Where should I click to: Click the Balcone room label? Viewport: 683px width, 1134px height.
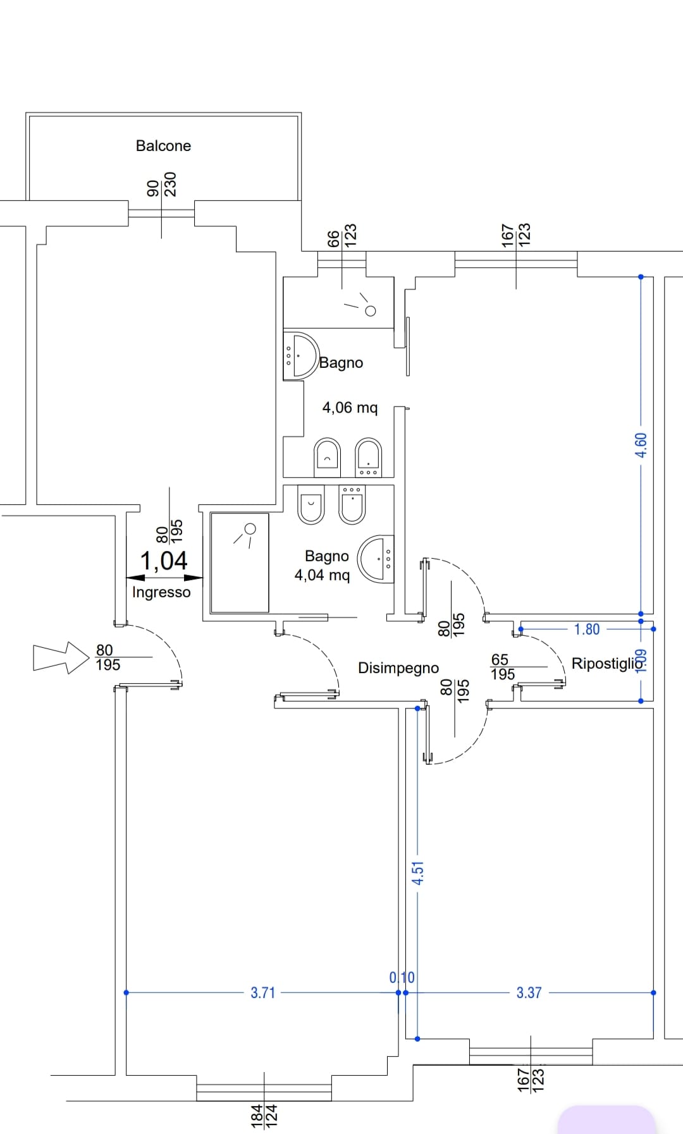[x=163, y=145]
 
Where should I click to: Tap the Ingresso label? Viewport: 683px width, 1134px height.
[x=161, y=592]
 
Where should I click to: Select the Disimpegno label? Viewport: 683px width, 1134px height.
[x=398, y=668]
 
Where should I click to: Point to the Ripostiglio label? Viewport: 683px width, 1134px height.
[x=608, y=664]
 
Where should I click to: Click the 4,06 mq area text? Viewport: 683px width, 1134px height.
[x=350, y=408]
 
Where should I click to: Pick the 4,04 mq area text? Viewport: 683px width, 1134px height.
[x=322, y=575]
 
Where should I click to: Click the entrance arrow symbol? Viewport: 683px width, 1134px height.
[x=61, y=657]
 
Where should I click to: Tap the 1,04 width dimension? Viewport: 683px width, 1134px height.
[x=164, y=561]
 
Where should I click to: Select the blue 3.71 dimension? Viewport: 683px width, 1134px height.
[x=263, y=992]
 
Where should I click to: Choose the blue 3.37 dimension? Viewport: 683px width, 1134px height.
[x=529, y=992]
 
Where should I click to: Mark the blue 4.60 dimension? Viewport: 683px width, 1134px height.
[x=641, y=446]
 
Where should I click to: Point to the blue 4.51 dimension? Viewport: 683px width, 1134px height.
[x=417, y=873]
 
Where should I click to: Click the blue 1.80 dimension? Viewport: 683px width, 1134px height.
[x=587, y=629]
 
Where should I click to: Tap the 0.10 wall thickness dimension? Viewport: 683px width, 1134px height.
[x=402, y=978]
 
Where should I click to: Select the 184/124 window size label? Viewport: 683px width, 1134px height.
[x=264, y=1116]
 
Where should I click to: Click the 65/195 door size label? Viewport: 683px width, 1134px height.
[x=503, y=667]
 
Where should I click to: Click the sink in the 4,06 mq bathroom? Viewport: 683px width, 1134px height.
[x=300, y=356]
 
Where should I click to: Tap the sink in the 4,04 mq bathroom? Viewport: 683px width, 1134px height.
[x=376, y=559]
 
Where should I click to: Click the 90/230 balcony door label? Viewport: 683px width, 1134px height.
[x=161, y=185]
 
